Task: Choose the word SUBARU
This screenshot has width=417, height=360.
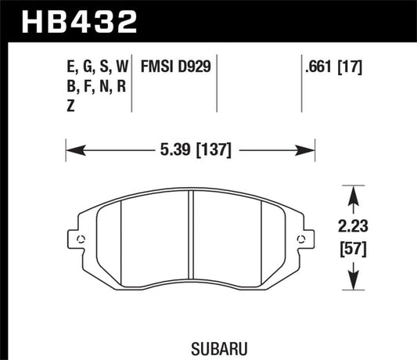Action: tap(191, 342)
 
